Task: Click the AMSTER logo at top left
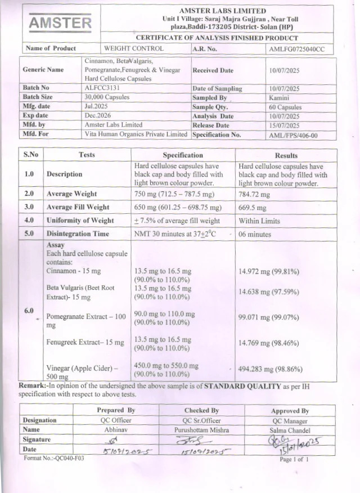pos(60,23)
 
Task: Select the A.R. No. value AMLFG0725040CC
pos(297,49)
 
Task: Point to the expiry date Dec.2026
pos(97,116)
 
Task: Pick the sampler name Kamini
pos(279,97)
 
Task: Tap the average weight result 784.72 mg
pos(254,194)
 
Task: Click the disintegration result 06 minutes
pos(255,234)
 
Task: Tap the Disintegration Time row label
pos(78,234)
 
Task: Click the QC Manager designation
pos(290,420)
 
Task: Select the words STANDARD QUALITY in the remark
pos(242,387)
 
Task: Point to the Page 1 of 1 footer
pos(294,460)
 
